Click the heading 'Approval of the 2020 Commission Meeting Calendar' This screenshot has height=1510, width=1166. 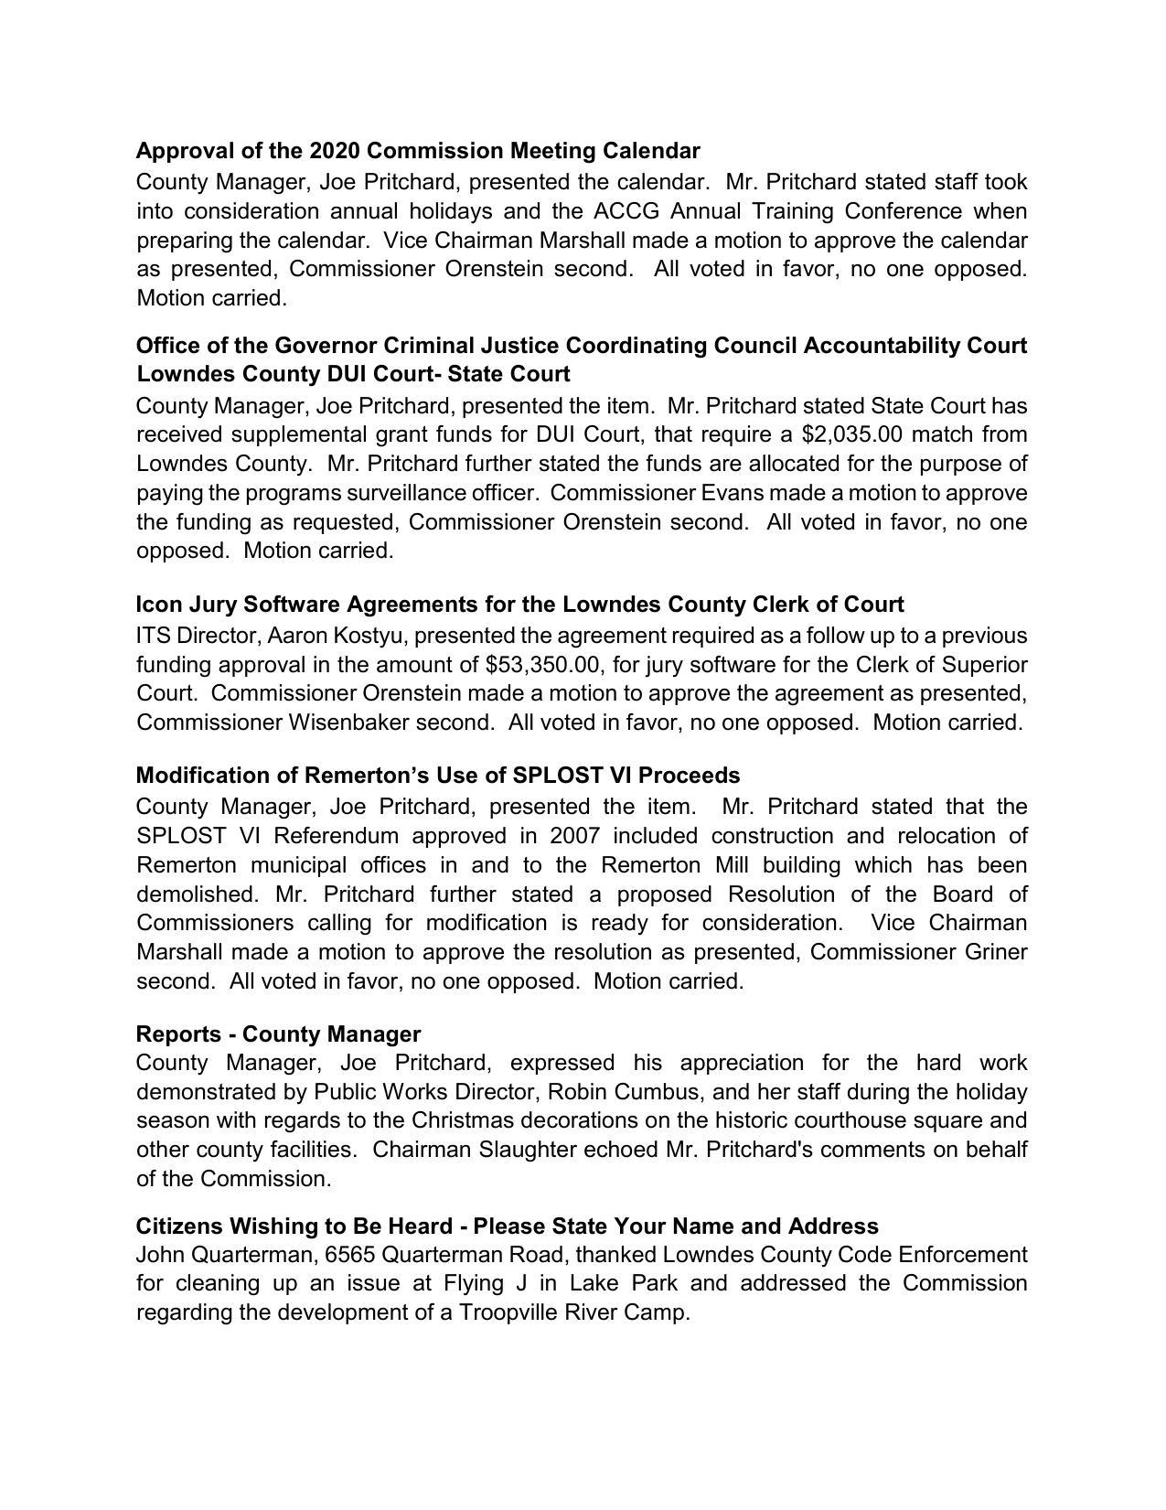[x=418, y=150]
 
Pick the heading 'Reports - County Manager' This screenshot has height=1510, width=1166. [x=278, y=1033]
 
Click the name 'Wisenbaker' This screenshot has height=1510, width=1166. [x=348, y=722]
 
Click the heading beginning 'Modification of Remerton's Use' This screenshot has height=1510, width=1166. [x=437, y=776]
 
